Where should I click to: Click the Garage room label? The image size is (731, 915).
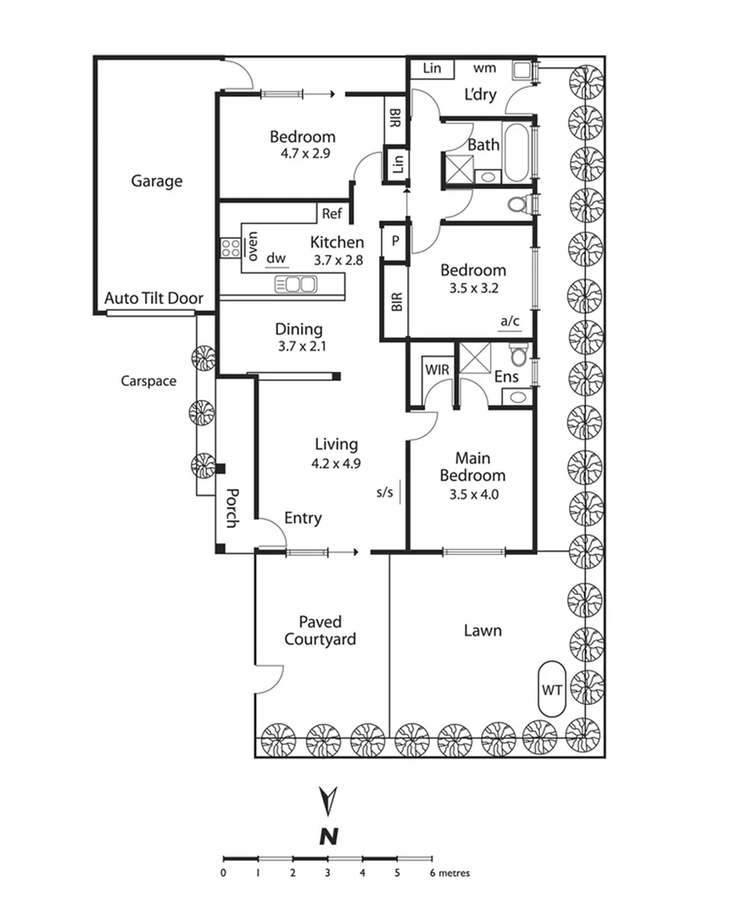[156, 180]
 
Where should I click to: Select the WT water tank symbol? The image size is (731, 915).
[552, 690]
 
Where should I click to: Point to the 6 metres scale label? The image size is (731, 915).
[449, 873]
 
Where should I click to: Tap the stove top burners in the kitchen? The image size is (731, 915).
[231, 248]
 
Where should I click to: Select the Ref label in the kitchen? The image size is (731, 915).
[332, 214]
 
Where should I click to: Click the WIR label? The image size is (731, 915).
[437, 369]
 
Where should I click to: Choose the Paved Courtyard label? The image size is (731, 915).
[320, 631]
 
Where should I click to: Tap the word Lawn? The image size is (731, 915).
[483, 630]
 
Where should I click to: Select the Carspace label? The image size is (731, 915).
[148, 381]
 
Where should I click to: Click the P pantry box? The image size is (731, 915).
[394, 241]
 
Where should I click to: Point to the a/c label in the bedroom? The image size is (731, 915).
[511, 321]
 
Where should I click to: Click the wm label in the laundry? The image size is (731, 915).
[484, 68]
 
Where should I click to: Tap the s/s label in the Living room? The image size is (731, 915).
[385, 491]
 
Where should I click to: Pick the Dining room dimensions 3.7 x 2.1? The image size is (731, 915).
[299, 346]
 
